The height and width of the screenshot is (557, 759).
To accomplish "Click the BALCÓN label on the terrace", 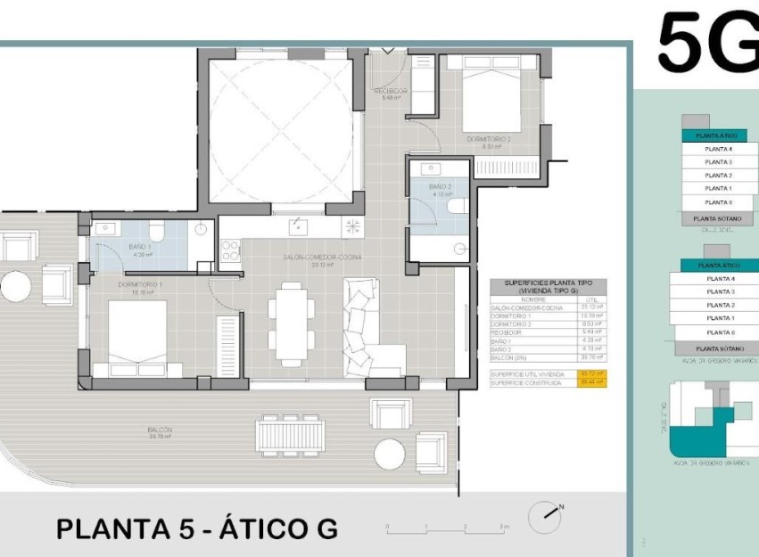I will (x=161, y=432).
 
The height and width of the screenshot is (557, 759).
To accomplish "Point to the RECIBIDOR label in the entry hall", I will (x=390, y=94).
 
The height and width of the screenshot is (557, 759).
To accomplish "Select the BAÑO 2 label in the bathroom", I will (x=441, y=188).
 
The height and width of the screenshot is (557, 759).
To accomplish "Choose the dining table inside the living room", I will (x=292, y=316).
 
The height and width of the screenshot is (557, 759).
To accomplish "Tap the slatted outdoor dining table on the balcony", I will (x=291, y=435).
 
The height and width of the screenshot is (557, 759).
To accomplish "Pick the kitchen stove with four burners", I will (x=352, y=226).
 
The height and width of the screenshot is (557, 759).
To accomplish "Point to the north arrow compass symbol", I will (x=546, y=516).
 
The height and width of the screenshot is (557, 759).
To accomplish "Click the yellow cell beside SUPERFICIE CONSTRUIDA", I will (x=592, y=381).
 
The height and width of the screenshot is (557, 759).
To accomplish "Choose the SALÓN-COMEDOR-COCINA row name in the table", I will (x=523, y=307).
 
